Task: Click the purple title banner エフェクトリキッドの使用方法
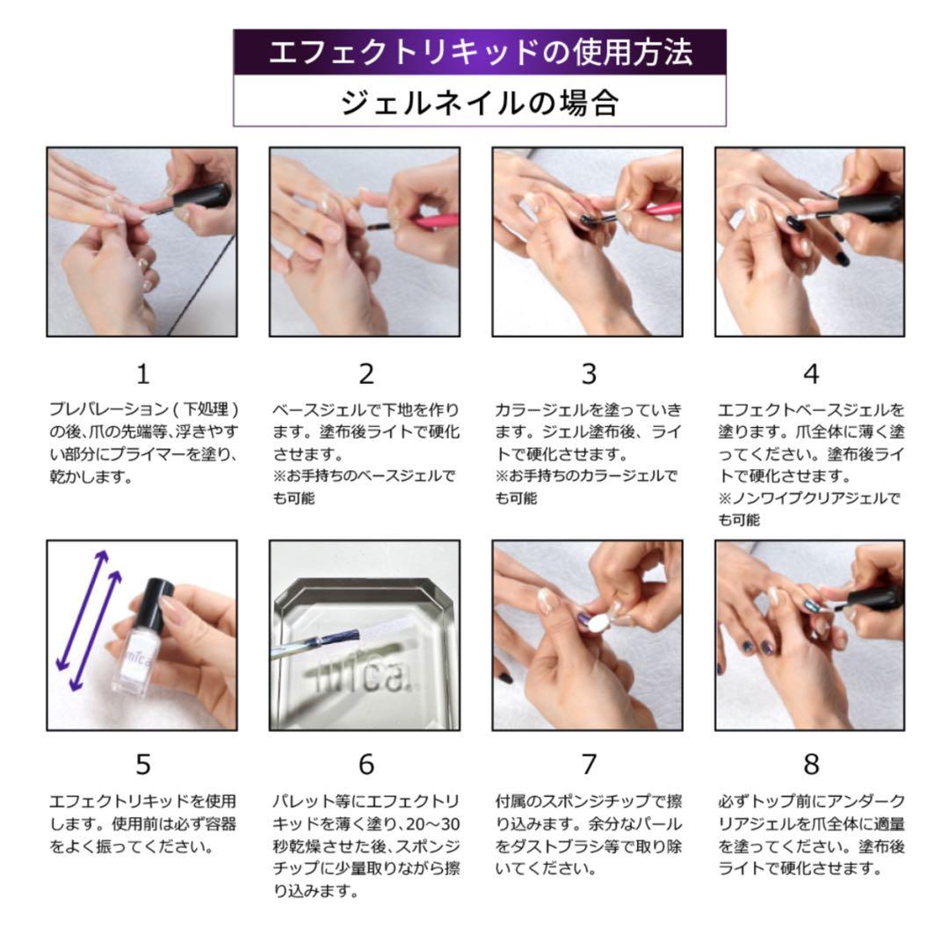[480, 52]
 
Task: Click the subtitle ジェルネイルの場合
[480, 102]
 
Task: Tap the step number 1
[142, 373]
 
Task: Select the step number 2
[366, 373]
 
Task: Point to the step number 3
[588, 373]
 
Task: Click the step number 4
[810, 373]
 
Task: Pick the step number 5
[142, 764]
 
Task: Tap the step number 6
[366, 764]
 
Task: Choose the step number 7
[588, 764]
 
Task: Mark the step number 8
[810, 764]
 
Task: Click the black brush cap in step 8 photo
[874, 599]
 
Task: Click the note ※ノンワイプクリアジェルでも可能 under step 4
[808, 509]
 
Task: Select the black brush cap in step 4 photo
[870, 208]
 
